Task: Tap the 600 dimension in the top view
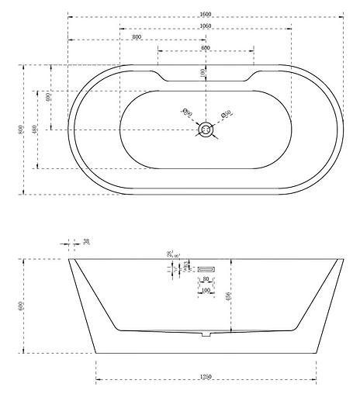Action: click(206, 48)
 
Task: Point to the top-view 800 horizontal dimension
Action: click(137, 36)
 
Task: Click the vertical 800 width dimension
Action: click(20, 129)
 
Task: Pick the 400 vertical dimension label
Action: click(48, 97)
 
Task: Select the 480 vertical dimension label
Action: click(35, 129)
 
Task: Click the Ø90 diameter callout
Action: click(187, 113)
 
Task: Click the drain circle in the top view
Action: click(206, 130)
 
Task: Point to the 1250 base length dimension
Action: click(206, 377)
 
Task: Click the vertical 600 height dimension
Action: click(21, 306)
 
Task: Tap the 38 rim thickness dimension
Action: click(86, 242)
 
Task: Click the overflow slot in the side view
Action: click(206, 268)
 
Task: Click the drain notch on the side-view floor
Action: click(206, 335)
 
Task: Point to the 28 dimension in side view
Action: click(168, 254)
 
